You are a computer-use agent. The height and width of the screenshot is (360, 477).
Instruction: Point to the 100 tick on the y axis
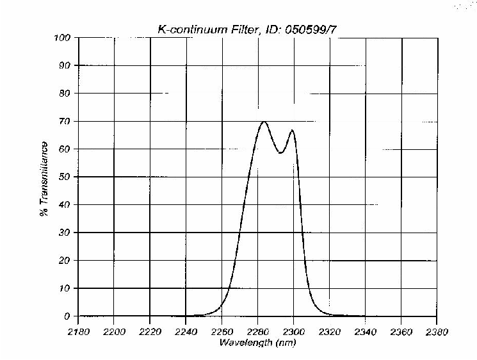pyautogui.click(x=62, y=38)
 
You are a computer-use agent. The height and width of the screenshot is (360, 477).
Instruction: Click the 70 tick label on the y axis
pyautogui.click(x=65, y=121)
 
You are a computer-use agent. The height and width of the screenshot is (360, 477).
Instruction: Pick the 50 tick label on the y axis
pyautogui.click(x=65, y=177)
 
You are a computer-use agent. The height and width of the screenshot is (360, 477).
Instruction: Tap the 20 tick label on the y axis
pyautogui.click(x=65, y=260)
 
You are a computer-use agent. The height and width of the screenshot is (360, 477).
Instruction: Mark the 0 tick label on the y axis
pyautogui.click(x=67, y=316)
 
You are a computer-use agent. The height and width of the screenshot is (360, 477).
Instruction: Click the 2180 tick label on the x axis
pyautogui.click(x=78, y=332)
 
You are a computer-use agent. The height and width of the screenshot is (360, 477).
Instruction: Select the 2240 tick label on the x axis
pyautogui.click(x=186, y=332)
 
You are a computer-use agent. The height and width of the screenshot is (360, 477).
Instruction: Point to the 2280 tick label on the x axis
pyautogui.click(x=257, y=332)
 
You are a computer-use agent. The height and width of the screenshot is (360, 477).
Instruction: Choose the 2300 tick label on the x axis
pyautogui.click(x=294, y=332)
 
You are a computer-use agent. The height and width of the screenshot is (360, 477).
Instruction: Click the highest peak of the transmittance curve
pyautogui.click(x=264, y=122)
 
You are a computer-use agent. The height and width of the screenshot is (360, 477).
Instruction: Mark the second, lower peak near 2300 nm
pyautogui.click(x=293, y=130)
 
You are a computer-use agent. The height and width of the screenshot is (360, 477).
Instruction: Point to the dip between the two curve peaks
pyautogui.click(x=280, y=153)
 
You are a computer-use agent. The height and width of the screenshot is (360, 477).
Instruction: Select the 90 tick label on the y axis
pyautogui.click(x=65, y=65)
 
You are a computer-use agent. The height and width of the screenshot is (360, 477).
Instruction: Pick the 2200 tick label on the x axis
pyautogui.click(x=114, y=332)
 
